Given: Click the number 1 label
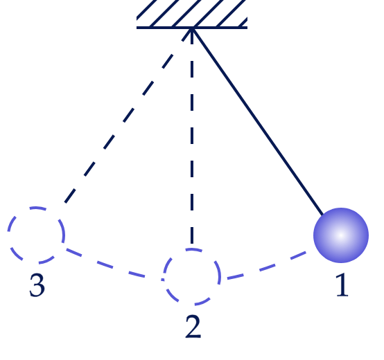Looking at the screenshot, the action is [342, 285].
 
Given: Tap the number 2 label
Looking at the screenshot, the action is [193, 327].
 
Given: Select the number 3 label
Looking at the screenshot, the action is [37, 285].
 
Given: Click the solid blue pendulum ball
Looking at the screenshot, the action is [341, 235].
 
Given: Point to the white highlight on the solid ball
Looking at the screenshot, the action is [341, 235].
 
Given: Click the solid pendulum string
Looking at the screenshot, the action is [258, 122].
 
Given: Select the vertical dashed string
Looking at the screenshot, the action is [192, 136].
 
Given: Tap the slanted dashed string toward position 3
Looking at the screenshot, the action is [128, 116].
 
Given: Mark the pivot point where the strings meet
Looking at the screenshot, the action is [192, 28].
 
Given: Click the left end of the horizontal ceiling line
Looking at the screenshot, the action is [137, 28].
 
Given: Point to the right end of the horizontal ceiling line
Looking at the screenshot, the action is [247, 28].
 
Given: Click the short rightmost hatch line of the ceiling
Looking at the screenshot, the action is [243, 22].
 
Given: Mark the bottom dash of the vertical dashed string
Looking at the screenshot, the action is [192, 235].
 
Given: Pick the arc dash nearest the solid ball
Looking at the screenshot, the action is [298, 255].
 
